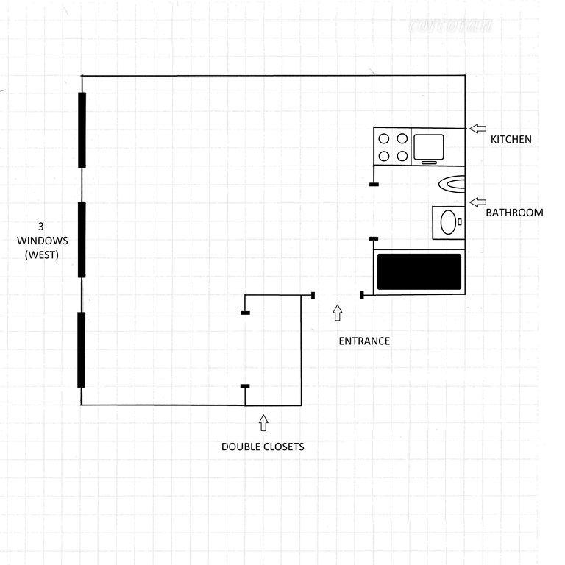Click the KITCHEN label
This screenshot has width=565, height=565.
click(511, 139)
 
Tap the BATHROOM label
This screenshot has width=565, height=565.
click(514, 213)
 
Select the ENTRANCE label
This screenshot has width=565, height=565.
click(363, 341)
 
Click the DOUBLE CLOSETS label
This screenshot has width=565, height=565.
click(263, 447)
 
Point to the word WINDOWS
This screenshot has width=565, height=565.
click(43, 241)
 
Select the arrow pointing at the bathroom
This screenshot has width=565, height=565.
click(477, 202)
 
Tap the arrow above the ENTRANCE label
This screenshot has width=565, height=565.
click(338, 313)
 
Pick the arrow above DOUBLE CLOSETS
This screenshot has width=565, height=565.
click(263, 423)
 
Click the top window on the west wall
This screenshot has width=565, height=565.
click(82, 130)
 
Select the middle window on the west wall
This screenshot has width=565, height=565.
click(82, 240)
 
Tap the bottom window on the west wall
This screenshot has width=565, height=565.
click(82, 349)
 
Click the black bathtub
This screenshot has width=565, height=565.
click(419, 271)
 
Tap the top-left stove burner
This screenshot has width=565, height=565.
click(384, 138)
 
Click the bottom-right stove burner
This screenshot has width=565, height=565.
click(402, 156)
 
